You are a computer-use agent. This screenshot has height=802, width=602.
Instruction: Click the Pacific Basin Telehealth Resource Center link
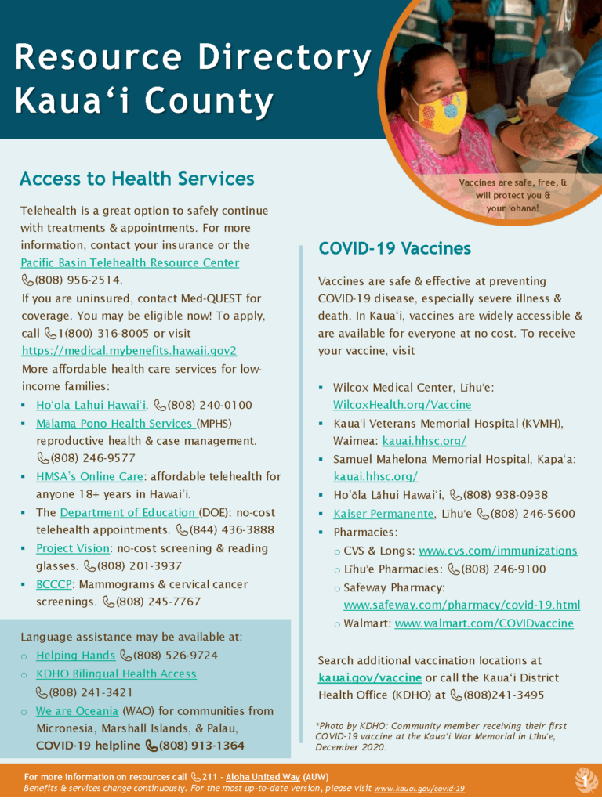pyautogui.click(x=129, y=262)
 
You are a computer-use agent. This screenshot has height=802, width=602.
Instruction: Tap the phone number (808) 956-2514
pyautogui.click(x=78, y=280)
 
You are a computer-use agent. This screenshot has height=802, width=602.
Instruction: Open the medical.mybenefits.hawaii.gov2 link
pyautogui.click(x=129, y=350)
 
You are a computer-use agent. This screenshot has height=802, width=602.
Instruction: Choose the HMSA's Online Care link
pyautogui.click(x=89, y=476)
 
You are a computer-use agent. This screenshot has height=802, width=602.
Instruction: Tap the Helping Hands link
pyautogui.click(x=76, y=655)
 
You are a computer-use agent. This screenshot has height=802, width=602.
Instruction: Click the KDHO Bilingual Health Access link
pyautogui.click(x=116, y=674)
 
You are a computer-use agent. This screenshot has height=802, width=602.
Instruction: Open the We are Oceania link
pyautogui.click(x=77, y=711)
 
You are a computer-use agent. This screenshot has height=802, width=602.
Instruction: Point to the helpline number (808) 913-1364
pyautogui.click(x=201, y=745)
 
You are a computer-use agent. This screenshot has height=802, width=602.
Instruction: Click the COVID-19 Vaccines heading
pyautogui.click(x=394, y=249)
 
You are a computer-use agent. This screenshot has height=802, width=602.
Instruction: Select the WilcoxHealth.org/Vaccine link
pyautogui.click(x=402, y=405)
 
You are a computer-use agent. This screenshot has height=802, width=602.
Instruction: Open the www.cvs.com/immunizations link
pyautogui.click(x=498, y=551)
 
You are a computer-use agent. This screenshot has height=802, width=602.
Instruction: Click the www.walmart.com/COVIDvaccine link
pyautogui.click(x=484, y=623)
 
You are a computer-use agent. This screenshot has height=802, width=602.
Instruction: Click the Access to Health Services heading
pyautogui.click(x=137, y=179)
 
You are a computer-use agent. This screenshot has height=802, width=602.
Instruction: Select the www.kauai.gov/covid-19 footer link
pyautogui.click(x=419, y=789)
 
